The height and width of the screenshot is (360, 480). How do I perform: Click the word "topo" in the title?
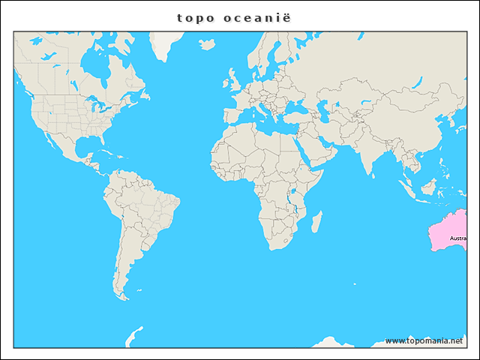[195, 17]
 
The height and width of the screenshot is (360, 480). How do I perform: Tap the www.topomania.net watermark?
[424, 340]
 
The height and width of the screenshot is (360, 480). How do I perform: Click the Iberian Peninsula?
[230, 115]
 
